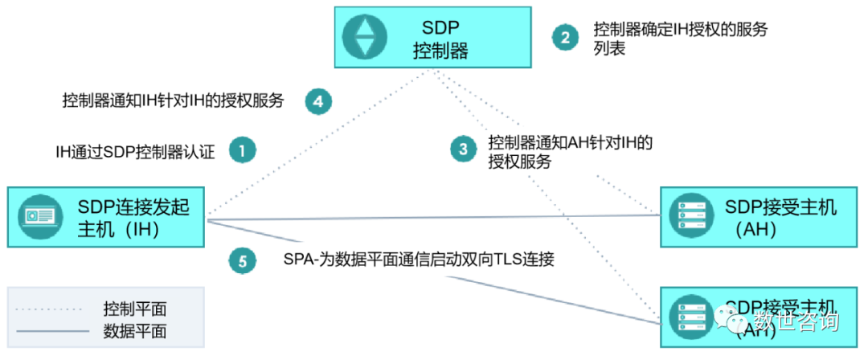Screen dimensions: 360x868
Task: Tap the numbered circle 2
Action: [x=565, y=37]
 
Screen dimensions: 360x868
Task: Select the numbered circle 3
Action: [x=463, y=149]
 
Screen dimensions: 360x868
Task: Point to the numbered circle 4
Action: [x=318, y=100]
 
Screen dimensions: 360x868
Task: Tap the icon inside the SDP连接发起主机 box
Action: [x=42, y=216]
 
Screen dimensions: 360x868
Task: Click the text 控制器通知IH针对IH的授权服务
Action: [x=173, y=101]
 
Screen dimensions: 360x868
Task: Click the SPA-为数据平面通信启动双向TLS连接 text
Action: [x=418, y=260]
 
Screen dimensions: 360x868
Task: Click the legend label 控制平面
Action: [x=135, y=309]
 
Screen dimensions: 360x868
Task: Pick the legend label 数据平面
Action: [x=135, y=330]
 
